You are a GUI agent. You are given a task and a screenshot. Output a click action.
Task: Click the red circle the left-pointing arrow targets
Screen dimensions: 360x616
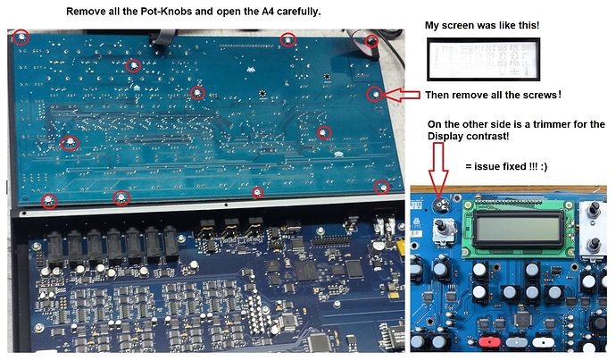377,94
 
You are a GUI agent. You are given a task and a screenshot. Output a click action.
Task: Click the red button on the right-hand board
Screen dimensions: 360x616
490,342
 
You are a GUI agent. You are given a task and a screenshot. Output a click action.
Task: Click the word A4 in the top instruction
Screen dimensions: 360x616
252,12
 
